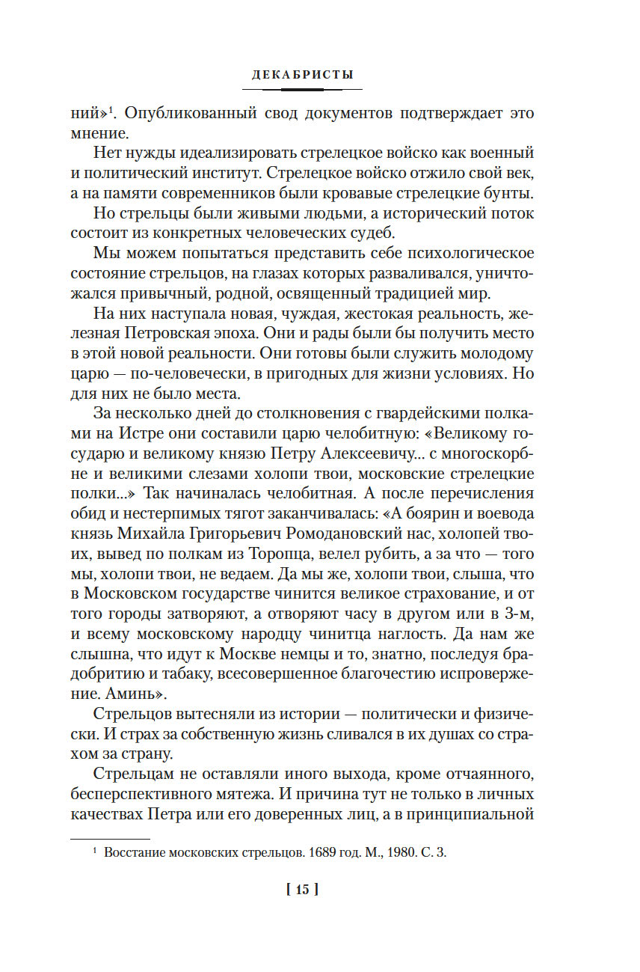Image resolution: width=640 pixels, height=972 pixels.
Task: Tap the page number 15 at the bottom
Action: (x=302, y=890)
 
